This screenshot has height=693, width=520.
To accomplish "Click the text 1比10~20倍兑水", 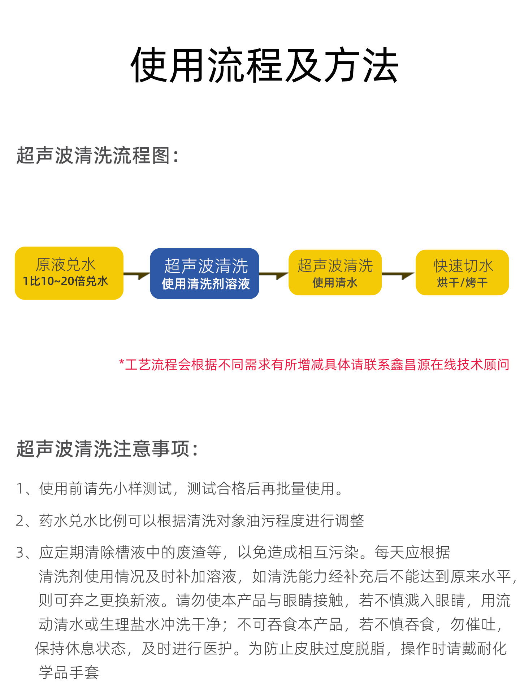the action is point(65,281).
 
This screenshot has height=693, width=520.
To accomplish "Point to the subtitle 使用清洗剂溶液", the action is point(205,284).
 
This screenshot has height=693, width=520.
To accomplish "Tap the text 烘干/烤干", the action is point(462,283).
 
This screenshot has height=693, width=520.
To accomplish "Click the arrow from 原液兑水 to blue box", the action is point(137,275).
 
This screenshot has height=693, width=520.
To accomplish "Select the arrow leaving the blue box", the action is point(274,275).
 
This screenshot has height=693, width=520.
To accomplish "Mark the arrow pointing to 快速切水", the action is point(398,275).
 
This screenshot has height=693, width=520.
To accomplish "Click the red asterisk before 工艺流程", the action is point(122,362).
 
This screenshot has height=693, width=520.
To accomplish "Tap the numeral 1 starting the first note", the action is point(20,489).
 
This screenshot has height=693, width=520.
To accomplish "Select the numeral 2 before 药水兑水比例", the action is point(20,521).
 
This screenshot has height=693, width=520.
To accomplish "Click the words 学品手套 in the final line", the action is point(69,672).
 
